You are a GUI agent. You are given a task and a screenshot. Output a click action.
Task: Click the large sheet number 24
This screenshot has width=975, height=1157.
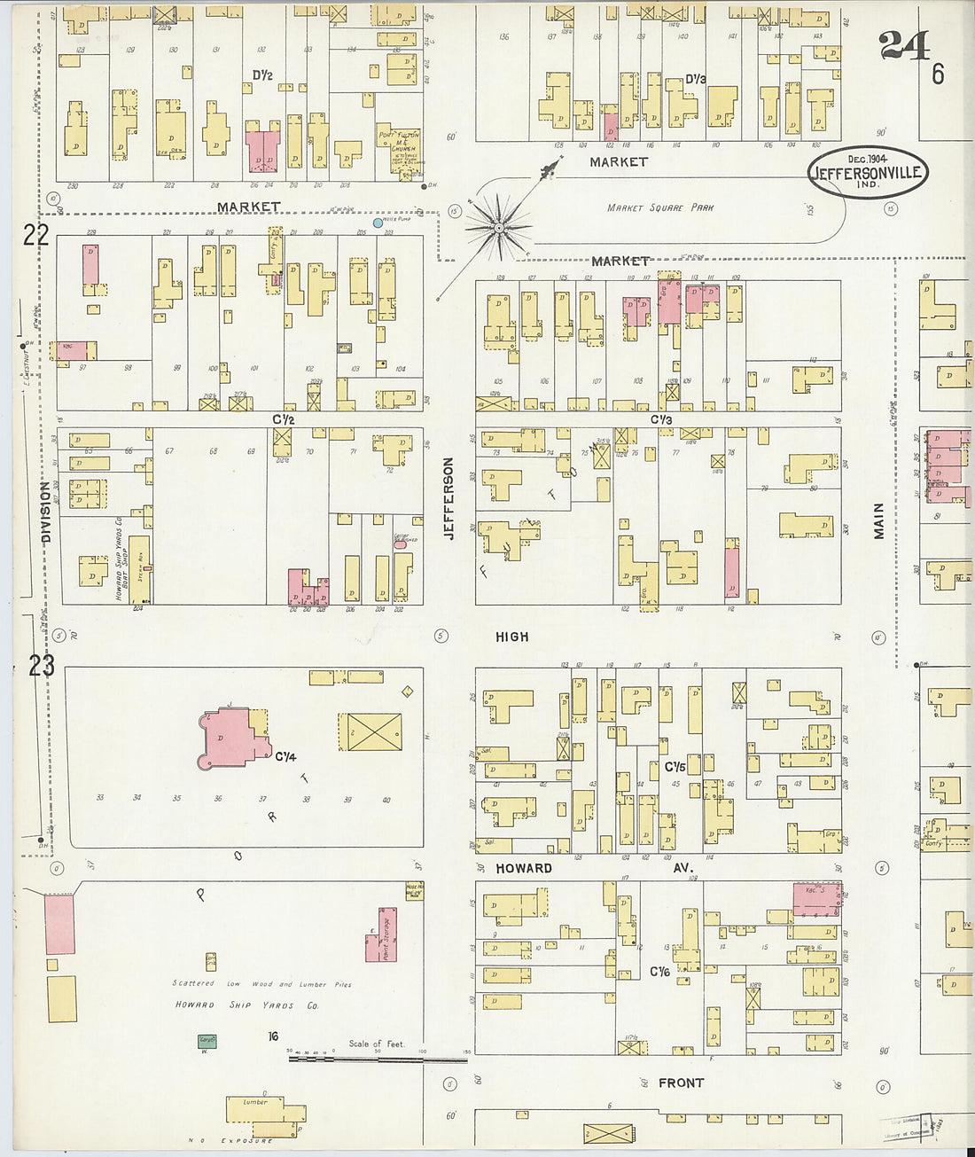point(903,45)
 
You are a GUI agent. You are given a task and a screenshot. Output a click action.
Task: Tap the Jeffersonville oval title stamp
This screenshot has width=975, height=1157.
point(867,172)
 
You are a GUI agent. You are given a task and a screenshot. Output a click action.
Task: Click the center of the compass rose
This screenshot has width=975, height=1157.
point(499,228)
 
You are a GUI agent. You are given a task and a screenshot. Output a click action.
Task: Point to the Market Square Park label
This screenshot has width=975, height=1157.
point(659,207)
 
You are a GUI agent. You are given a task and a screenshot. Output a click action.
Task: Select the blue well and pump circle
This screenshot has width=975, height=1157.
point(378,223)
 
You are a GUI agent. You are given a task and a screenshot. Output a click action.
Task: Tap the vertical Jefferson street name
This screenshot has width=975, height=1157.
point(448,498)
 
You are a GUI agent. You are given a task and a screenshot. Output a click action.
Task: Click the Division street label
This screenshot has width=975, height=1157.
point(45,512)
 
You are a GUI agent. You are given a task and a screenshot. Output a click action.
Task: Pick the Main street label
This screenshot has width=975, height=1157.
point(878,520)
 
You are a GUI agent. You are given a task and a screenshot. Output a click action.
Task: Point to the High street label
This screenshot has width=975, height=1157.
point(511,637)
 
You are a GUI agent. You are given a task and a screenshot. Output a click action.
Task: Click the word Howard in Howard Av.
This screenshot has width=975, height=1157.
point(523,868)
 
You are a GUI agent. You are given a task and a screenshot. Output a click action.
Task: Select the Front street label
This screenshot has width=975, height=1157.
point(681,1083)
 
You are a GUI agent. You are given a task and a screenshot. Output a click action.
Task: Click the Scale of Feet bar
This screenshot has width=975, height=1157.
point(378,1059)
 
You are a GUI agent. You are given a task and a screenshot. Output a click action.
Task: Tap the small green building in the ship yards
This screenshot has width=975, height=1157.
point(207,1041)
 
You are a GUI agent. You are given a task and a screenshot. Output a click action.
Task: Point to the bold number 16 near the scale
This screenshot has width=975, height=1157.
point(274,1036)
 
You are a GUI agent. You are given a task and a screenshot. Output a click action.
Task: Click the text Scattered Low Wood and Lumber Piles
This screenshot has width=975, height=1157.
point(261,984)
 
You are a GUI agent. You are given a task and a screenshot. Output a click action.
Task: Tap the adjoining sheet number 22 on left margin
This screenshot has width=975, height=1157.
point(35,235)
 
